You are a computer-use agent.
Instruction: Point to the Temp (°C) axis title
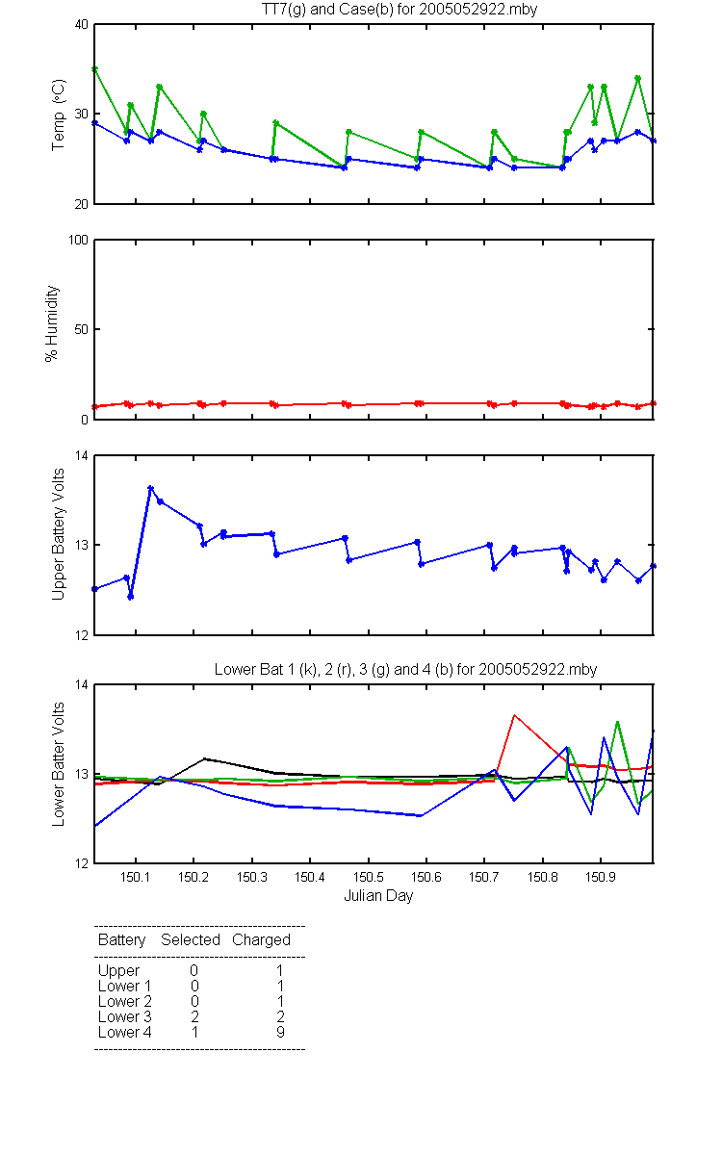pos(59,115)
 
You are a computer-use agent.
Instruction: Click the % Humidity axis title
pos(52,323)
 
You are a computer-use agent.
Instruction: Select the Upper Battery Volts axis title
pos(58,534)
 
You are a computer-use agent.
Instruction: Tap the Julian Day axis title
pos(378,896)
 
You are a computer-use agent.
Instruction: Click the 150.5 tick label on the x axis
pos(368,877)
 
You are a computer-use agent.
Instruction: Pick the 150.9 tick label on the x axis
pos(601,877)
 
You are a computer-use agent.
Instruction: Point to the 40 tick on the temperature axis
pos(82,25)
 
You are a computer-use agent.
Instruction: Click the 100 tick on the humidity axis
pos(78,241)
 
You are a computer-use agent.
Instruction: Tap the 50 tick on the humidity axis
pos(82,329)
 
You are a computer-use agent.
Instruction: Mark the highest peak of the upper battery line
pos(150,488)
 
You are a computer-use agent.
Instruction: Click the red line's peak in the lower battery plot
pos(514,715)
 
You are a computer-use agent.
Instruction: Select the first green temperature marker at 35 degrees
pos(95,69)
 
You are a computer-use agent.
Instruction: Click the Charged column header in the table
pos(261,940)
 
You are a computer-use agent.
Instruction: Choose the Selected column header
pos(191,940)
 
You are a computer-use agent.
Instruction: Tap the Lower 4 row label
pos(125,1032)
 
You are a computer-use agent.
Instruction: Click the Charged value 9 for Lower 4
pos(280,1032)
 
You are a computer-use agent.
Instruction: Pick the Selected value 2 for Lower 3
pos(194,1016)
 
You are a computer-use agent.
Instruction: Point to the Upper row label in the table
pos(118,971)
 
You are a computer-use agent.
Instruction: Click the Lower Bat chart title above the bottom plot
pos(406,669)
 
